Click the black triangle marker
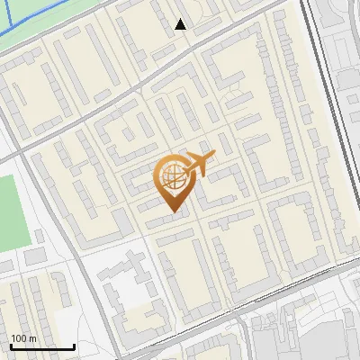181,24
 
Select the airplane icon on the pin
200,164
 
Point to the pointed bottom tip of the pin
173,212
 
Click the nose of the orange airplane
214,156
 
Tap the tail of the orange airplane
188,167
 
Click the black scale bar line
41,346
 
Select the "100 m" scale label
24,338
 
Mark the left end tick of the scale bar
10,345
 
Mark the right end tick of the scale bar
74,345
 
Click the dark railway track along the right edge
317,90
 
